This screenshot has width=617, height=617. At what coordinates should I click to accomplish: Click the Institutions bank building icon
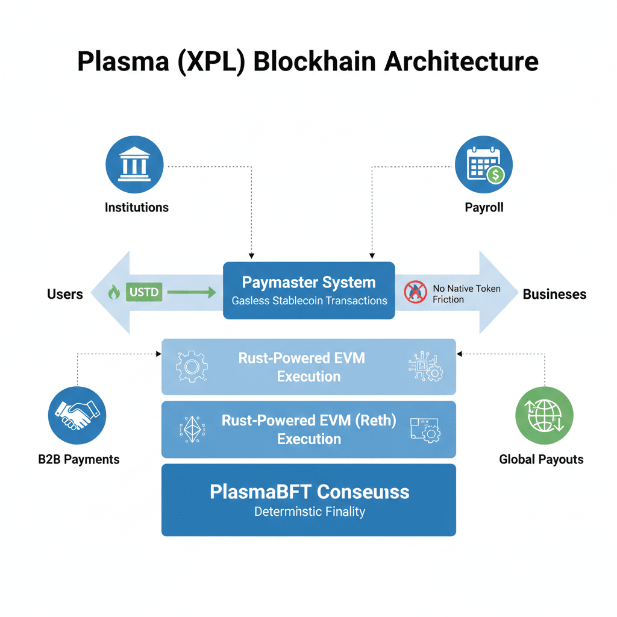pyautogui.click(x=134, y=164)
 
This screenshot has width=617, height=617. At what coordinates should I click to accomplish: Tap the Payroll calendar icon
pyautogui.click(x=484, y=164)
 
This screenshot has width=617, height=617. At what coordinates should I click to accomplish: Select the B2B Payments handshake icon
pyautogui.click(x=77, y=416)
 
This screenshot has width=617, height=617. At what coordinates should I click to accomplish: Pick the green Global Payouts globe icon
pyautogui.click(x=544, y=416)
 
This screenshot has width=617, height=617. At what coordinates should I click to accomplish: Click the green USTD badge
pyautogui.click(x=144, y=293)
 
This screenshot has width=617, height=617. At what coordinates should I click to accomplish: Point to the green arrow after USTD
pyautogui.click(x=191, y=293)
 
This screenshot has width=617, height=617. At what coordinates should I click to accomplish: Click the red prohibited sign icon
pyautogui.click(x=415, y=292)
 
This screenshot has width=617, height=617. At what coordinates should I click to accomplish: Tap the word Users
pyautogui.click(x=65, y=294)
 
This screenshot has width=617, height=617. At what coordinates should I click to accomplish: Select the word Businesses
pyautogui.click(x=554, y=294)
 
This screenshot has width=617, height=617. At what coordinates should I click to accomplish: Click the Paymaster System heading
pyautogui.click(x=308, y=282)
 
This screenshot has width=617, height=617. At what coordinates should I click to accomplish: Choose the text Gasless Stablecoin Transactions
pyautogui.click(x=309, y=300)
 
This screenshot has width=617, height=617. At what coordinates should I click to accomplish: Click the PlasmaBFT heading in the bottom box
pyautogui.click(x=309, y=492)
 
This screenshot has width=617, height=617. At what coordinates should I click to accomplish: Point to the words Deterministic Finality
pyautogui.click(x=309, y=512)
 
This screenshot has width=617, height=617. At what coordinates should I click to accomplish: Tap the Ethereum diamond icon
pyautogui.click(x=193, y=429)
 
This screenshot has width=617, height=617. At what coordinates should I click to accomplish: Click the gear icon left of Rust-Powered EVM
pyautogui.click(x=191, y=366)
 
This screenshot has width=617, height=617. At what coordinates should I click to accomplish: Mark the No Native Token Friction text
pyautogui.click(x=466, y=294)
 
